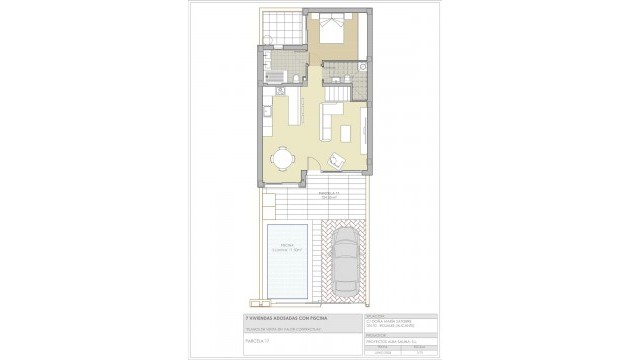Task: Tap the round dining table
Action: (x=283, y=157)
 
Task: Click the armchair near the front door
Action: (x=337, y=158)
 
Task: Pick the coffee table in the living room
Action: (x=347, y=133)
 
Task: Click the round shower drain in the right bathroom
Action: (x=364, y=67)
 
